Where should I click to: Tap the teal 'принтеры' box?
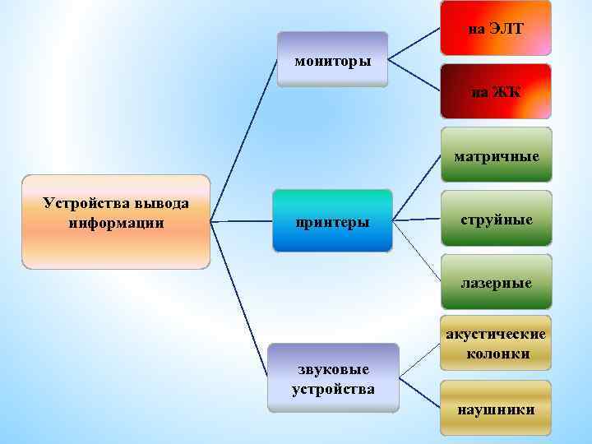332,220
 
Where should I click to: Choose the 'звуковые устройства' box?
333,377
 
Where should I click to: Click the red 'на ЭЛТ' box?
496,28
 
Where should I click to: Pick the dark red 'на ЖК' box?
496,91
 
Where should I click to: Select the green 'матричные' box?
496,154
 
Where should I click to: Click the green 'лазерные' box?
496,282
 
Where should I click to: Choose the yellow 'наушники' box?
496,408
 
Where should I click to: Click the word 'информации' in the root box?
116,223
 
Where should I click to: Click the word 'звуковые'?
333,370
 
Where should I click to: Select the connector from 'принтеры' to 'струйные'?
416,220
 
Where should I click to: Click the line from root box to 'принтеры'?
242,221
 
